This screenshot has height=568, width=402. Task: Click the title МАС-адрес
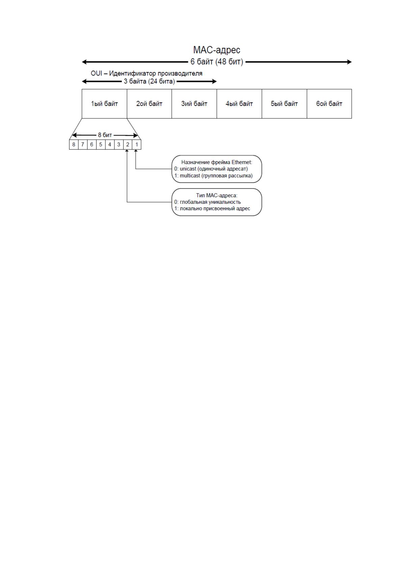tap(216, 50)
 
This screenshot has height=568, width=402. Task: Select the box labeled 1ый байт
tap(104, 104)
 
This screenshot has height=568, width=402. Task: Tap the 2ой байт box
tap(149, 104)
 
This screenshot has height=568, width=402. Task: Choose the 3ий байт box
tap(194, 104)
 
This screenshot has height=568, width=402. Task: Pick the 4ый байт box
tap(239, 104)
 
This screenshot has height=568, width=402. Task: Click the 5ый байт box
tap(284, 104)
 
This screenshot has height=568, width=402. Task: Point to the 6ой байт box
tap(329, 104)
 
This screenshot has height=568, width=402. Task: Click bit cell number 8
tap(74, 145)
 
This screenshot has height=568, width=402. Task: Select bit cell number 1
tap(137, 145)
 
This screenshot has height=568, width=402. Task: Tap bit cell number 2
tap(128, 145)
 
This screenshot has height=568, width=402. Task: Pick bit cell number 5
tap(101, 145)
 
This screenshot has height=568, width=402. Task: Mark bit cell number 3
tap(118, 145)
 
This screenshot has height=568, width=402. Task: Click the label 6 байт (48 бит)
tap(217, 62)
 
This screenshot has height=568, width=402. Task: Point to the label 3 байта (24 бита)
tap(149, 81)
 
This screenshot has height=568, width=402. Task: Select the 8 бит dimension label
tap(105, 135)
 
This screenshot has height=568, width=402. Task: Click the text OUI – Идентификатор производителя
tap(146, 74)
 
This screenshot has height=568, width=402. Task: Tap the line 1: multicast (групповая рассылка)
tap(213, 176)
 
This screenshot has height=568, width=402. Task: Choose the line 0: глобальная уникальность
tap(207, 202)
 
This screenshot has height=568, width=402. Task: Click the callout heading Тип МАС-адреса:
tap(217, 196)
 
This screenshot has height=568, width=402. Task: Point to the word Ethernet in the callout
tap(242, 162)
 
